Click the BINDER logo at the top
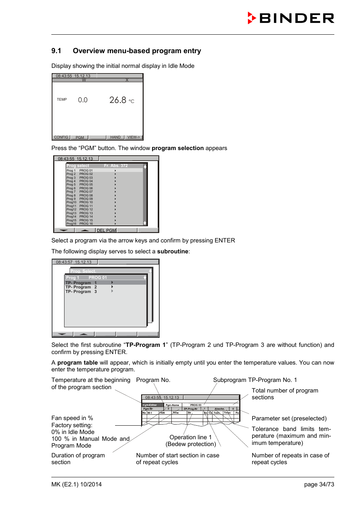(291, 18)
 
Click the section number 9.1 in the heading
(56, 51)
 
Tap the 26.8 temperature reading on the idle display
(118, 100)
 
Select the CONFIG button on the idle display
(61, 137)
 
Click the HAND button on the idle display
(115, 137)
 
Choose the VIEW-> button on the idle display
(134, 137)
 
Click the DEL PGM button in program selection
(106, 230)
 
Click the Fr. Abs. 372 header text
(116, 166)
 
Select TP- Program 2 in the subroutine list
(81, 287)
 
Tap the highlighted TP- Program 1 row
(81, 283)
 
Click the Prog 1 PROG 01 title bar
(86, 277)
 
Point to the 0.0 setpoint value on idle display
(83, 100)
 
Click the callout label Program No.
(153, 380)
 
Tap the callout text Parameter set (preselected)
(289, 419)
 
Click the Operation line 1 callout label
(191, 437)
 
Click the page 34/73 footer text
(319, 484)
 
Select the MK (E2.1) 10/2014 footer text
(77, 484)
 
